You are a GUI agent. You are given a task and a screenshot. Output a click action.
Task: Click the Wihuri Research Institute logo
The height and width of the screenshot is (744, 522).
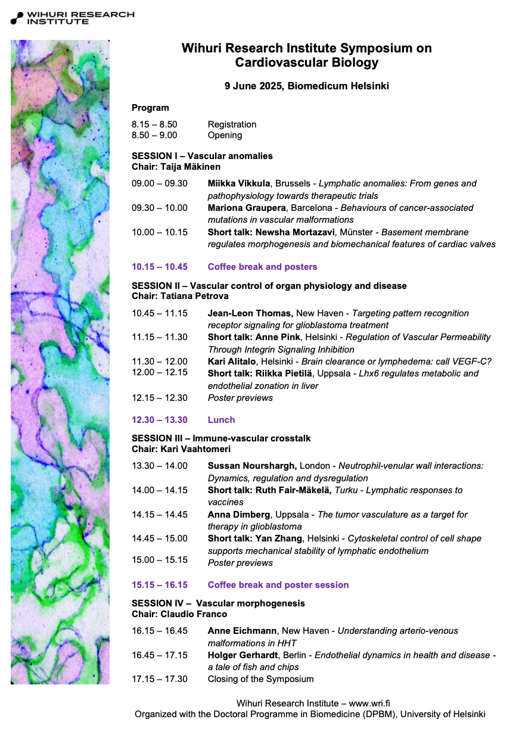pos(72,17)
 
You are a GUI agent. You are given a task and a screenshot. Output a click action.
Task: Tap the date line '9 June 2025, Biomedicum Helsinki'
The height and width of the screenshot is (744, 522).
pos(306,86)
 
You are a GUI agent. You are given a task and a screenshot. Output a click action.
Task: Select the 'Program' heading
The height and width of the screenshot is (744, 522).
pos(150,108)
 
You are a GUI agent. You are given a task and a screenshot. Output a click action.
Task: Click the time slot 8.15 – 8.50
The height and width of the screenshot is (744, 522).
pos(154,124)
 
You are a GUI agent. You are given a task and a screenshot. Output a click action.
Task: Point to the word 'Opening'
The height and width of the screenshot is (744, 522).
pos(225,135)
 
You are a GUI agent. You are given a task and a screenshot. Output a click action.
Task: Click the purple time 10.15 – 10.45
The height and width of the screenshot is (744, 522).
pos(159,267)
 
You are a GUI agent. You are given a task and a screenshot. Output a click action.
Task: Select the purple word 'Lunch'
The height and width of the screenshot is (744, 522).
pos(221,420)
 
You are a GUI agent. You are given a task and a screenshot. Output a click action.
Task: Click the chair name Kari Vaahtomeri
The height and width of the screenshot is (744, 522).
pos(195,449)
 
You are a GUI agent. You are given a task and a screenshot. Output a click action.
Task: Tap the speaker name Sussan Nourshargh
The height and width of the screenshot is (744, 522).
pos(251,466)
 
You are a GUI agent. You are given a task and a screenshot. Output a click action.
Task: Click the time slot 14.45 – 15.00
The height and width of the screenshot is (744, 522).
pos(159,538)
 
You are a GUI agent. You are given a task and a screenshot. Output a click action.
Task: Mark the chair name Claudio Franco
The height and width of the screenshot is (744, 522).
pos(194,614)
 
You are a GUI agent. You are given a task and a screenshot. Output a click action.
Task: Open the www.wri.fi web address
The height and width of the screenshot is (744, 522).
pos(369,703)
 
